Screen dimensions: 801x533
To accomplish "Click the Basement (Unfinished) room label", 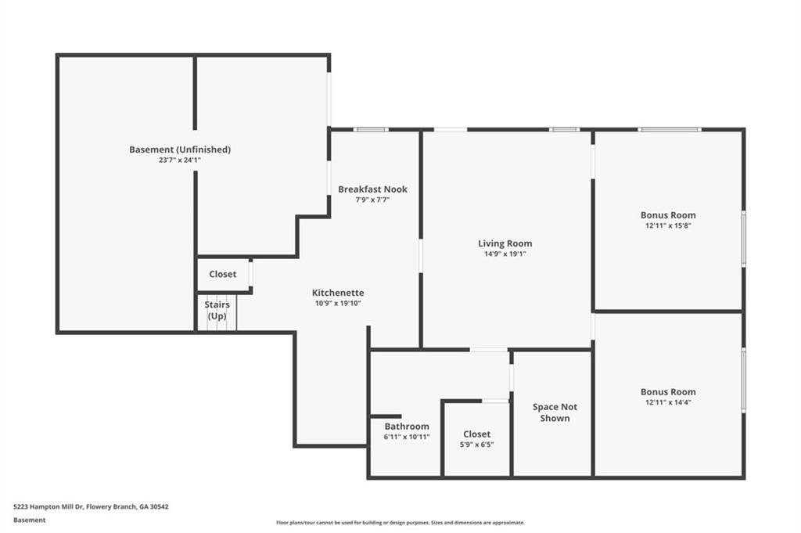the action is (x=180, y=149).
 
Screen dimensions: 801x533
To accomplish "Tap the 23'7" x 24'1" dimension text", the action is (x=180, y=160).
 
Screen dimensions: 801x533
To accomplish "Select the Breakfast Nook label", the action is (x=373, y=189).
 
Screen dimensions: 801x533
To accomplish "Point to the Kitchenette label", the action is (x=338, y=293).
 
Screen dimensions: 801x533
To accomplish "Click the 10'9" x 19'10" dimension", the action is (x=338, y=303).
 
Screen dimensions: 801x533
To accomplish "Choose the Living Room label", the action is (x=505, y=243).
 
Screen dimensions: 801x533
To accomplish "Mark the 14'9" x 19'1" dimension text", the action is (x=505, y=254).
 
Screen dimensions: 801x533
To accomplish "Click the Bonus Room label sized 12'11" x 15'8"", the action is (x=668, y=215).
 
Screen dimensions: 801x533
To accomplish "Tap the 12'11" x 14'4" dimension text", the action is (x=668, y=402).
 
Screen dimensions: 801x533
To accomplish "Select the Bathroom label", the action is (x=407, y=427).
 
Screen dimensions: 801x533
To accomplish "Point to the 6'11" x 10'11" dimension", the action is (x=407, y=437).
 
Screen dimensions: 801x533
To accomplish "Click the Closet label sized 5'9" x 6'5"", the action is (x=477, y=434).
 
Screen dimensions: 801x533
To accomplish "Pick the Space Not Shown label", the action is (x=555, y=412).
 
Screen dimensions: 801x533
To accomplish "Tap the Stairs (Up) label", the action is (x=217, y=310).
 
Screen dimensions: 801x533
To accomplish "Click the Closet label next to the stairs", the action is (x=223, y=274).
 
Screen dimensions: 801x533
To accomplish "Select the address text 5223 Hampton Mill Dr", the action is (x=48, y=507).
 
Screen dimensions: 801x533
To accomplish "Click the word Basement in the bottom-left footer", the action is (x=30, y=520).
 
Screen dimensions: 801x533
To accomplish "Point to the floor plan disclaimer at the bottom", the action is (x=400, y=523).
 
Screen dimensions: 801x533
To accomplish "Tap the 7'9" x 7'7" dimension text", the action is (x=373, y=200).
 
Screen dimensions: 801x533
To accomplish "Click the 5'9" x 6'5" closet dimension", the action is (x=477, y=445).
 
